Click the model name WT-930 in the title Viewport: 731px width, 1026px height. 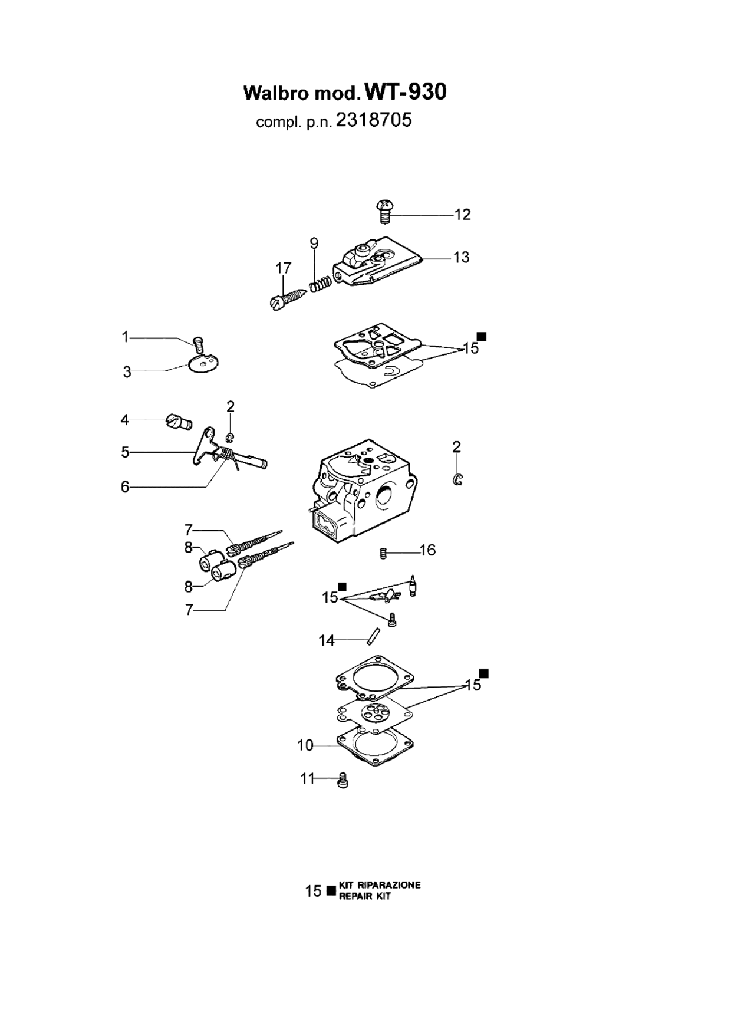pyautogui.click(x=406, y=91)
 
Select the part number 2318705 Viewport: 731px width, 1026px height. pyautogui.click(x=374, y=120)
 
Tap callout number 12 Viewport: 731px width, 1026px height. pyautogui.click(x=463, y=215)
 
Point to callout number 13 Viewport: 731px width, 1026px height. pyautogui.click(x=461, y=257)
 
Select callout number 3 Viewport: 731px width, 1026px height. pyautogui.click(x=127, y=372)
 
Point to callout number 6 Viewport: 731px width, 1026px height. pyautogui.click(x=125, y=487)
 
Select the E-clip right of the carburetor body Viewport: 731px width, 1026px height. pyautogui.click(x=458, y=479)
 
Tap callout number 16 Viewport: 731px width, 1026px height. pyautogui.click(x=427, y=550)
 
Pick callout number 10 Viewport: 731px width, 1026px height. pyautogui.click(x=305, y=745)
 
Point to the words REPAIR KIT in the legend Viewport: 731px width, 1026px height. pyautogui.click(x=365, y=897)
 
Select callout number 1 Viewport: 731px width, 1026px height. pyautogui.click(x=125, y=337)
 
